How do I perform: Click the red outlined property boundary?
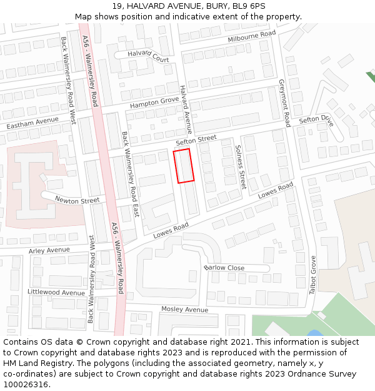[x=184, y=166]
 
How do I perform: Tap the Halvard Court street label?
[x=148, y=56]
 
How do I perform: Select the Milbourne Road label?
[x=251, y=37]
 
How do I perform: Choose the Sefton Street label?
[x=196, y=142]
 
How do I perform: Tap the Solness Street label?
[x=240, y=166]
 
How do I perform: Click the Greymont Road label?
[x=284, y=103]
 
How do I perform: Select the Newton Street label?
[x=77, y=200]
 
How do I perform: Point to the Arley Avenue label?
[x=49, y=250]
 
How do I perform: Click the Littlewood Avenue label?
[x=56, y=292]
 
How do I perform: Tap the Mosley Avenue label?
[x=184, y=310]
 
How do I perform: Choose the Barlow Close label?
[x=224, y=268]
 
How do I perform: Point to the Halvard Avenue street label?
[x=185, y=110]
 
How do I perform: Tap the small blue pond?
[x=315, y=333]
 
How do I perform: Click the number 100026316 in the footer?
[x=26, y=385]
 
